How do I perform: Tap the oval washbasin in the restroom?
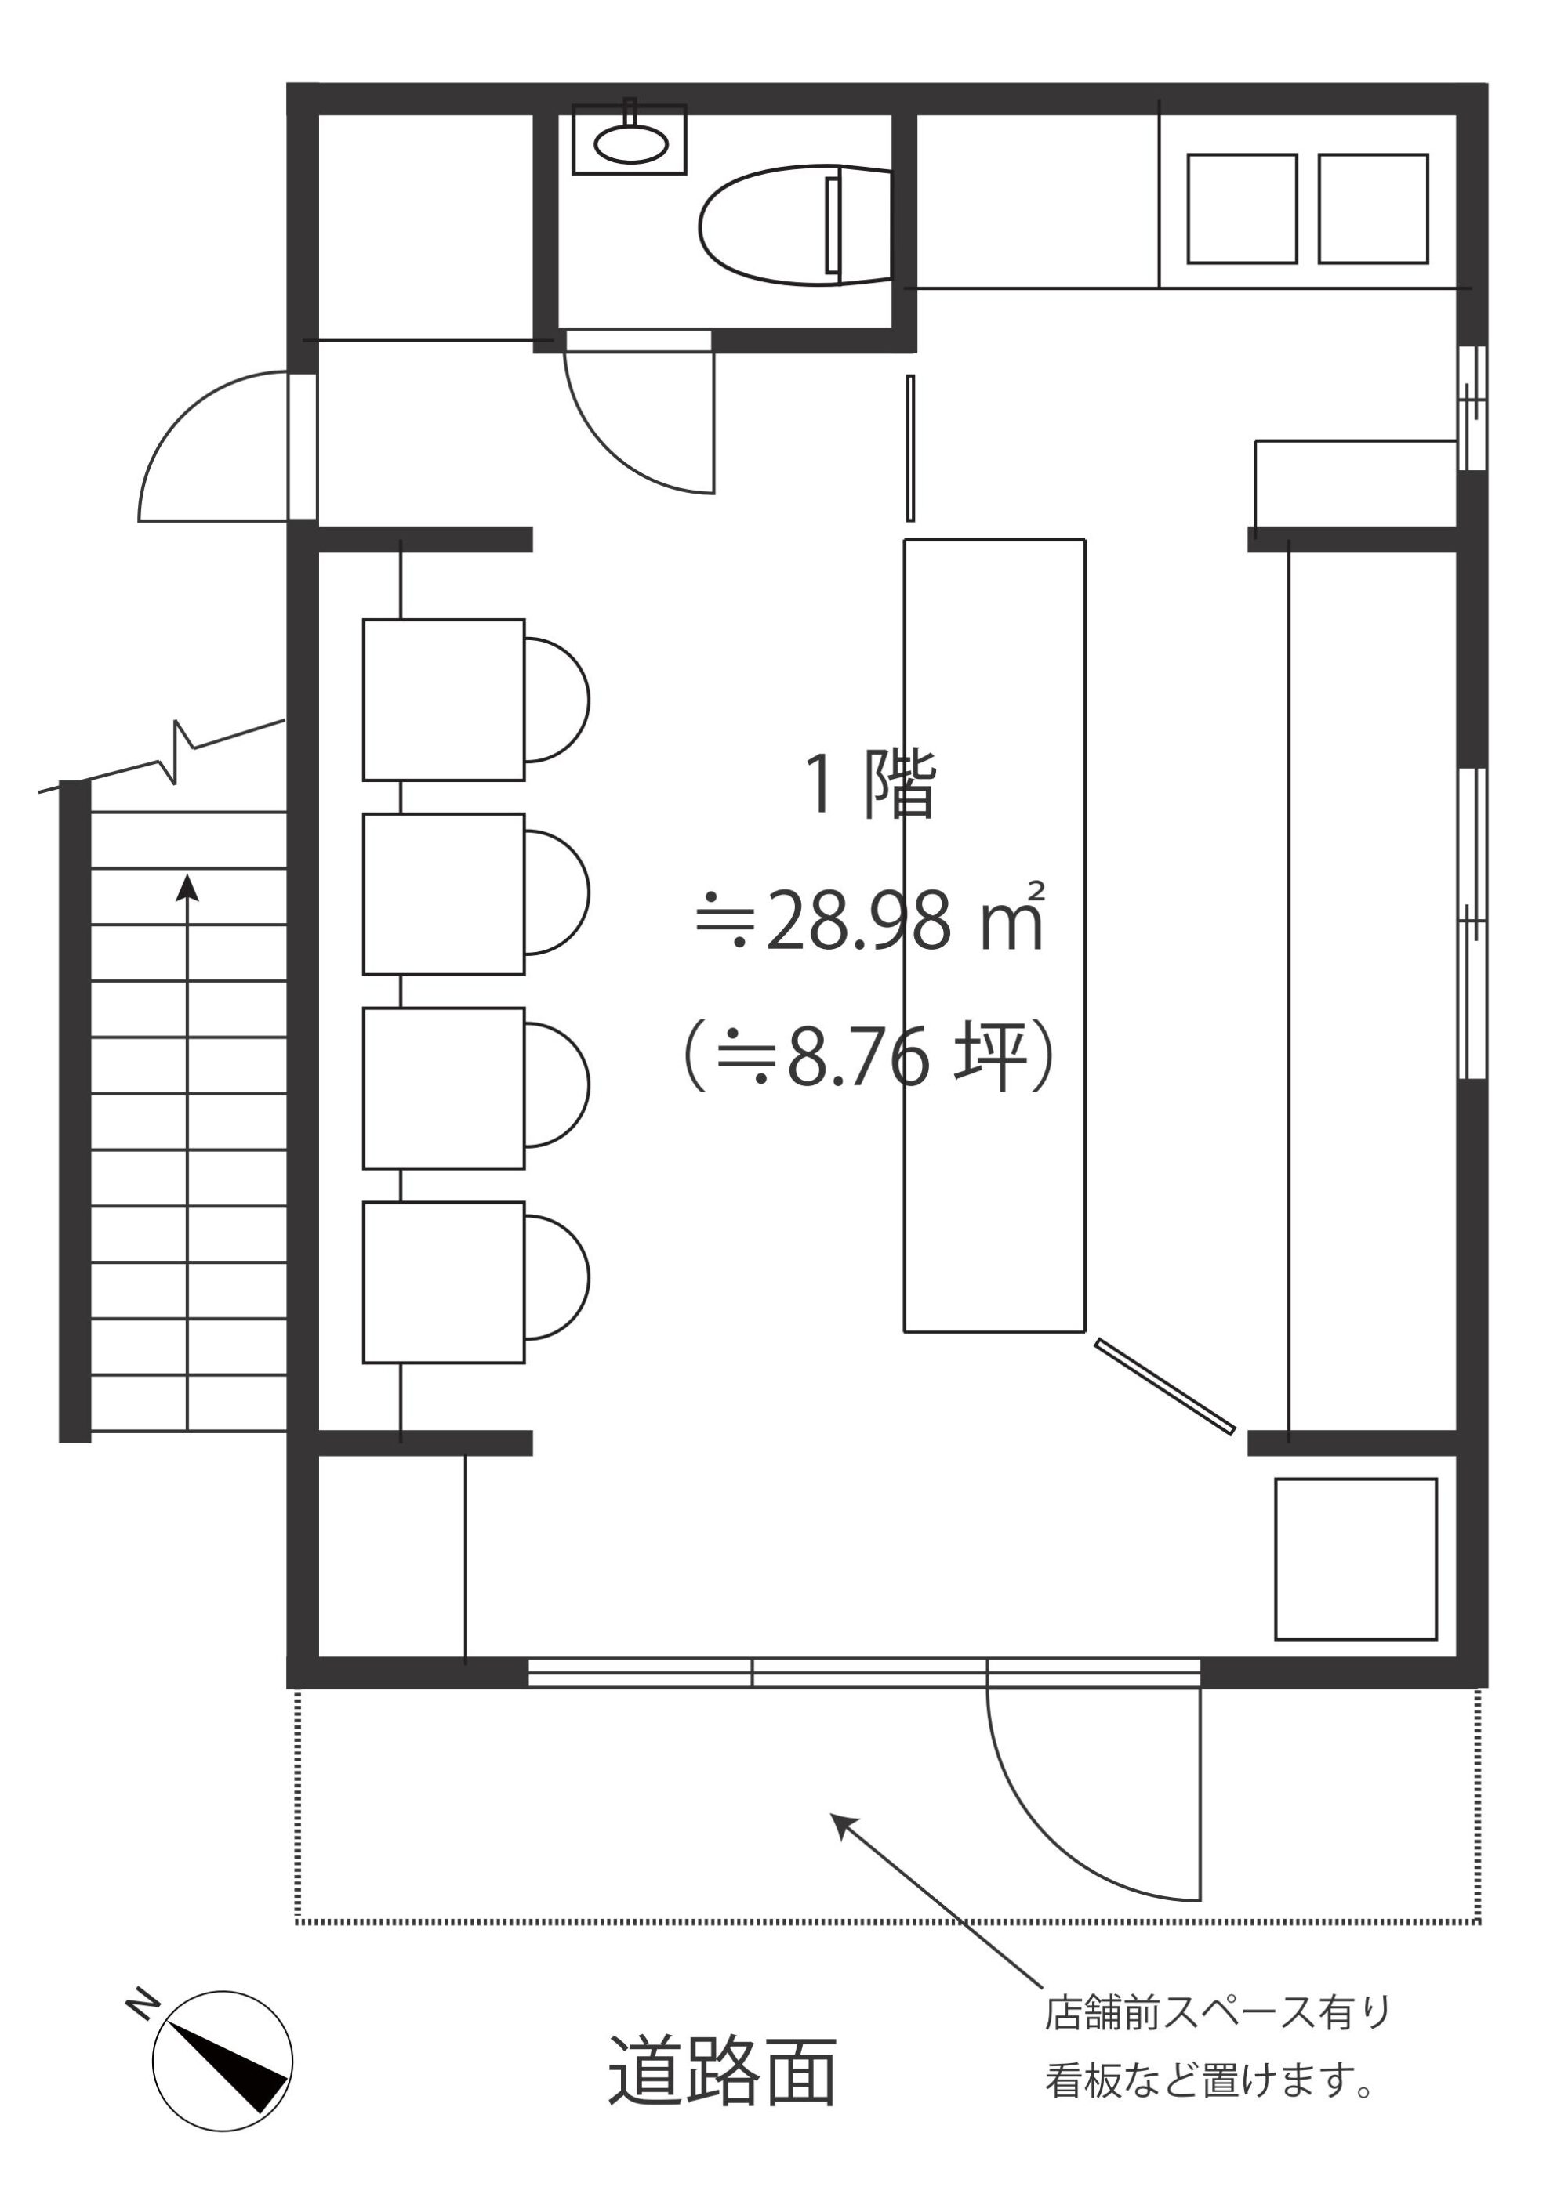(630, 144)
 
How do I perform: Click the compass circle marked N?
(222, 2061)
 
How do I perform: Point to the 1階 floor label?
(871, 784)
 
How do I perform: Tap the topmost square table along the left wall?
(443, 700)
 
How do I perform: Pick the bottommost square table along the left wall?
(443, 1283)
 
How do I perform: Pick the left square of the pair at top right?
(1242, 208)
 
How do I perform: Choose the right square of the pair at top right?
(1373, 208)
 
